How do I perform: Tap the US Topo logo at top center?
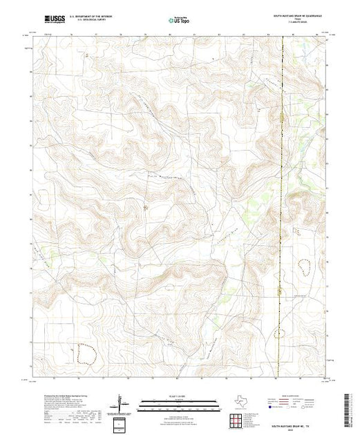[180, 21]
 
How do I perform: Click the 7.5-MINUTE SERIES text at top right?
[299, 23]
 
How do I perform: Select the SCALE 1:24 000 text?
[179, 396]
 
